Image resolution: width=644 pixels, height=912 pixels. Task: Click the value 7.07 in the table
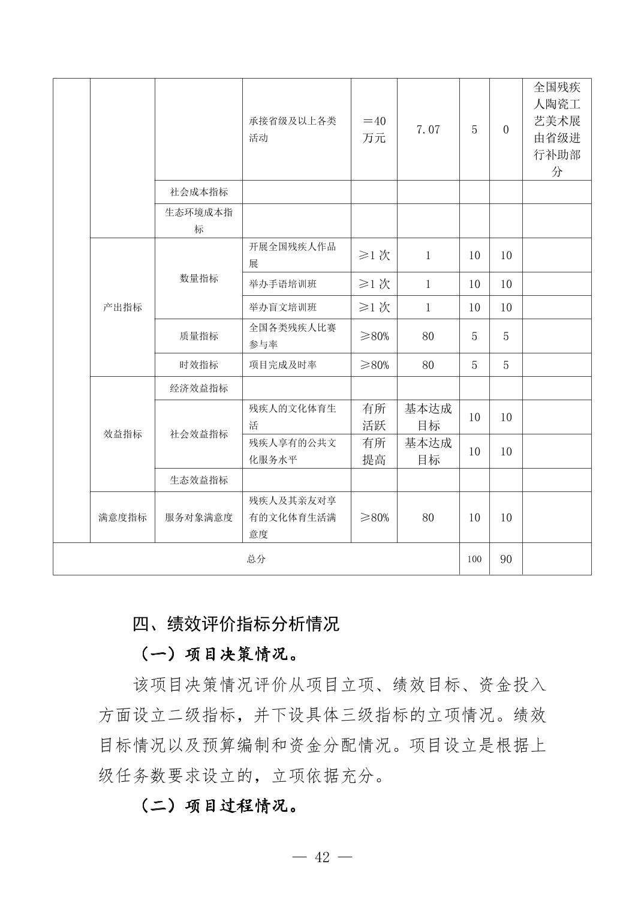[x=428, y=130]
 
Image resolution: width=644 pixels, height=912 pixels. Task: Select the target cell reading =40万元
[x=374, y=130]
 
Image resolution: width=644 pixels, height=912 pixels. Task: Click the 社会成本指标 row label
[x=198, y=192]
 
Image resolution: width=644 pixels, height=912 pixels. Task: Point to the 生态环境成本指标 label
[x=198, y=220]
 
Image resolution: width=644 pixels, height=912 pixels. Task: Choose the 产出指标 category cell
[x=122, y=307]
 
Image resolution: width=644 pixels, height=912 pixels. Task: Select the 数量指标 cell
[x=198, y=278]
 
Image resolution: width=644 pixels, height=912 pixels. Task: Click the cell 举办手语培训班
[x=283, y=284]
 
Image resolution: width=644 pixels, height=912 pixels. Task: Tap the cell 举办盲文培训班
[x=283, y=307]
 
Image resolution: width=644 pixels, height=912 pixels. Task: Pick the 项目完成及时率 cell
[x=283, y=365]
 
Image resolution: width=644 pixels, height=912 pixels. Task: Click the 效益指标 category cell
[x=122, y=434]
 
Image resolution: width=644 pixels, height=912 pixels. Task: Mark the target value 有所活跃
[x=374, y=417]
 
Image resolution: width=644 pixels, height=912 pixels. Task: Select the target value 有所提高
[x=374, y=451]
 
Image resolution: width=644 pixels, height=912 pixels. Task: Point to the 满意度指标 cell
[x=122, y=517]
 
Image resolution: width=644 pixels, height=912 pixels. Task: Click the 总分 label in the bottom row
[x=256, y=559]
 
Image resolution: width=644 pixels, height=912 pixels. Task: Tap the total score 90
[x=505, y=559]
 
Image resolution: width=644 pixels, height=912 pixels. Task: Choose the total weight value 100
[x=474, y=559]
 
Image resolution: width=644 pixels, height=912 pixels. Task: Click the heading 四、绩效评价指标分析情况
[x=236, y=624]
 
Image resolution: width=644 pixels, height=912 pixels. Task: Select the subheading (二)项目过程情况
[x=219, y=806]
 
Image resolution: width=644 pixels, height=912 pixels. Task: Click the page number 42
[x=322, y=857]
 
